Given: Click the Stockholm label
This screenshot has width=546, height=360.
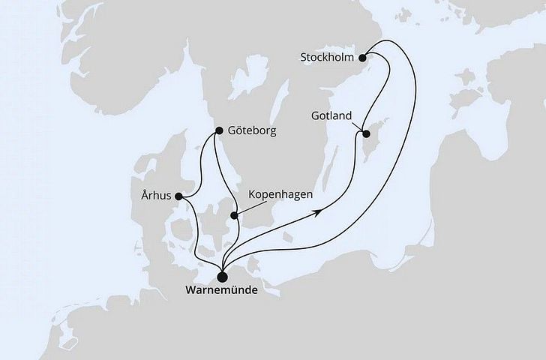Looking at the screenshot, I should (x=328, y=56).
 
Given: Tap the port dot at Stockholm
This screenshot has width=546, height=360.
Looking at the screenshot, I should (x=363, y=56).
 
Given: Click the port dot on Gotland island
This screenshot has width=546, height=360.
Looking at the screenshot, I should (x=367, y=134).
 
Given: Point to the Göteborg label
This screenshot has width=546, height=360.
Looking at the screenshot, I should (x=253, y=130).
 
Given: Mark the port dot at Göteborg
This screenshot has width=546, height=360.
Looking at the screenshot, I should (x=218, y=130).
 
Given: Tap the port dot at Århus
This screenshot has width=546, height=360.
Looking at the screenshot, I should (x=178, y=197).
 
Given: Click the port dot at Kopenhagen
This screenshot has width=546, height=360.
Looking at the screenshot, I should (x=235, y=216).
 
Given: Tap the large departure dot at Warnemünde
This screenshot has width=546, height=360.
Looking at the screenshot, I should (x=223, y=274).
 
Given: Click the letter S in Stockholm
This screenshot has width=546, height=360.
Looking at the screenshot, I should (x=302, y=56).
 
